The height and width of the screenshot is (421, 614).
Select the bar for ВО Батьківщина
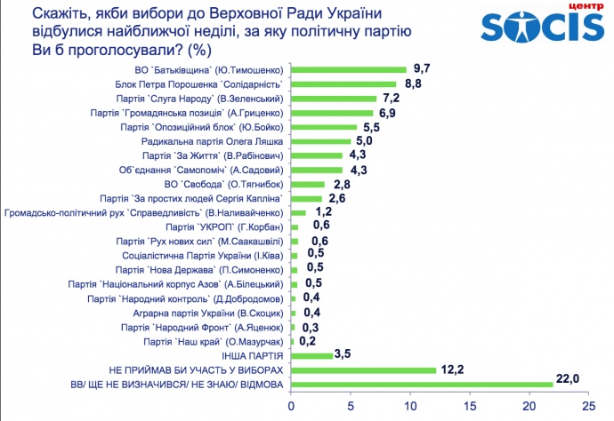coord(348,69)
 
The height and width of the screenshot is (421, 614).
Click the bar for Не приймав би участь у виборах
coord(363,369)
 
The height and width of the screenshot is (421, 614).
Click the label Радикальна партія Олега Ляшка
coord(210,141)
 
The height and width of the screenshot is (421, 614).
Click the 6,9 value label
coord(388,113)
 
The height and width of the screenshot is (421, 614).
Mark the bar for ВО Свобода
coord(307,184)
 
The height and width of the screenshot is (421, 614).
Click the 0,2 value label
coord(308,340)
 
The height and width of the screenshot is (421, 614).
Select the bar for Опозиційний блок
coord(323,127)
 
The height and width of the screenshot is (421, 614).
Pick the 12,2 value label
coord(452,365)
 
